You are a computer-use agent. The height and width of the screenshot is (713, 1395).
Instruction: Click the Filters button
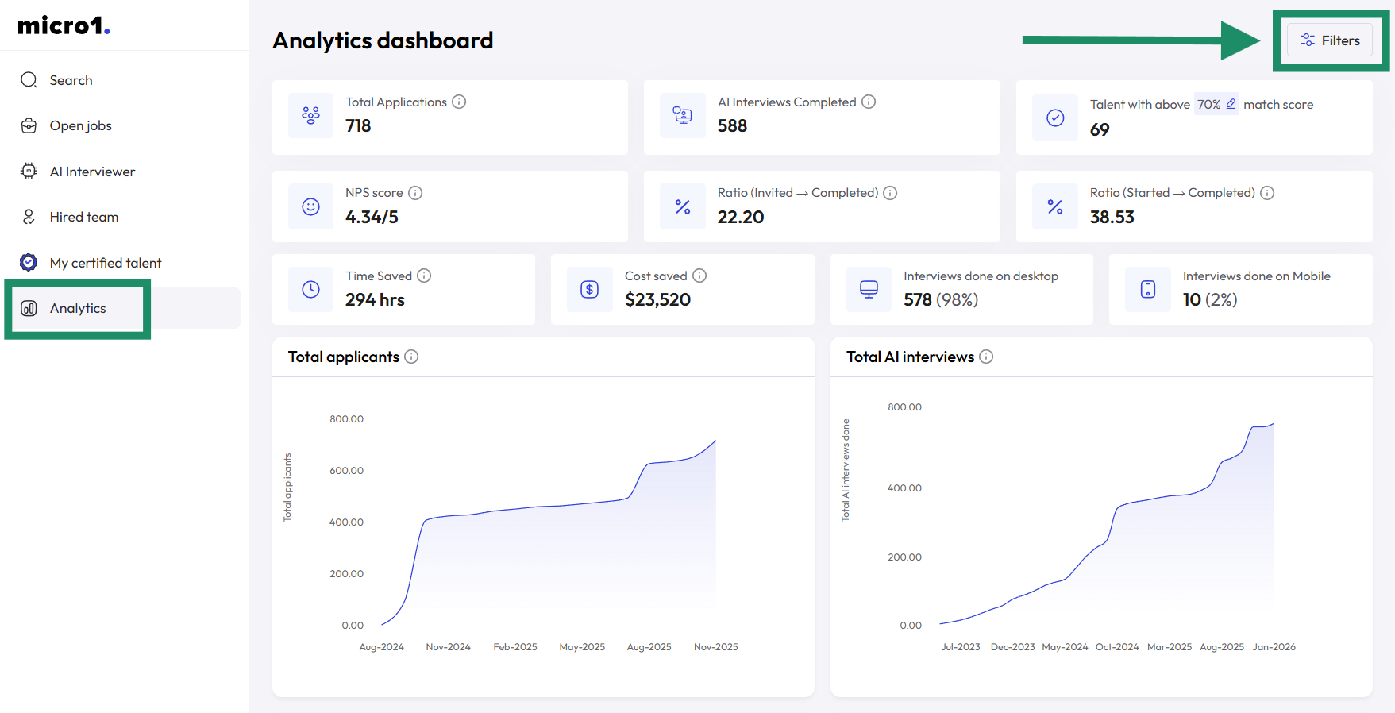click(1330, 40)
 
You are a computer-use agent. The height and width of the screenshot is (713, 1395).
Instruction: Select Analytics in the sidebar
click(77, 308)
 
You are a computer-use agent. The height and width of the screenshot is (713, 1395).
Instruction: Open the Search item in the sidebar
click(71, 80)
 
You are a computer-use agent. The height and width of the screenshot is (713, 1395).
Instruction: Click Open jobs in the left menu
click(80, 125)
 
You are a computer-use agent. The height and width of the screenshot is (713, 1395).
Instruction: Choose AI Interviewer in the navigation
click(92, 172)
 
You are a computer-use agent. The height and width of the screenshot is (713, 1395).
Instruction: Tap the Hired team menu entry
click(83, 217)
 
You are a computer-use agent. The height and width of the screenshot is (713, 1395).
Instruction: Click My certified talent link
click(105, 263)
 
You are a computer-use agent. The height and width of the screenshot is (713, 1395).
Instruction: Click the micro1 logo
click(64, 26)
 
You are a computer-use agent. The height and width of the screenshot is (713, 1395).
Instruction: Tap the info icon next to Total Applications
click(459, 102)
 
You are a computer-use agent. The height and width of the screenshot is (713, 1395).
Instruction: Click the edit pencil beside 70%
click(1231, 104)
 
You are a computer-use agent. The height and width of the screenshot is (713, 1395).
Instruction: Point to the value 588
click(732, 126)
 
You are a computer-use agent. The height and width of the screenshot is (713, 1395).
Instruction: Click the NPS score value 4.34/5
click(372, 217)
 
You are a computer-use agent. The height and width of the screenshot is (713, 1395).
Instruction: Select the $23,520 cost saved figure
click(657, 299)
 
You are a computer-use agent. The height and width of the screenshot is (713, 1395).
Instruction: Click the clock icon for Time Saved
click(310, 290)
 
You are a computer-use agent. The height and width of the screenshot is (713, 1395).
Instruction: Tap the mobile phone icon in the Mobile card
click(1147, 290)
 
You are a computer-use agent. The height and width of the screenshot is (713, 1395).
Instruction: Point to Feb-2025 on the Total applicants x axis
click(515, 647)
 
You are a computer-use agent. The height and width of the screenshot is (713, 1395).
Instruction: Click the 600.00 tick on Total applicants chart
click(346, 471)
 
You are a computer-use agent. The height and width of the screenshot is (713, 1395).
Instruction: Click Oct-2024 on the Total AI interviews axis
click(1117, 647)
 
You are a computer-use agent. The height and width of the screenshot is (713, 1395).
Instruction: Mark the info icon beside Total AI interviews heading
click(986, 356)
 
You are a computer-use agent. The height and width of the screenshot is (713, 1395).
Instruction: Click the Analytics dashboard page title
click(383, 40)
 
